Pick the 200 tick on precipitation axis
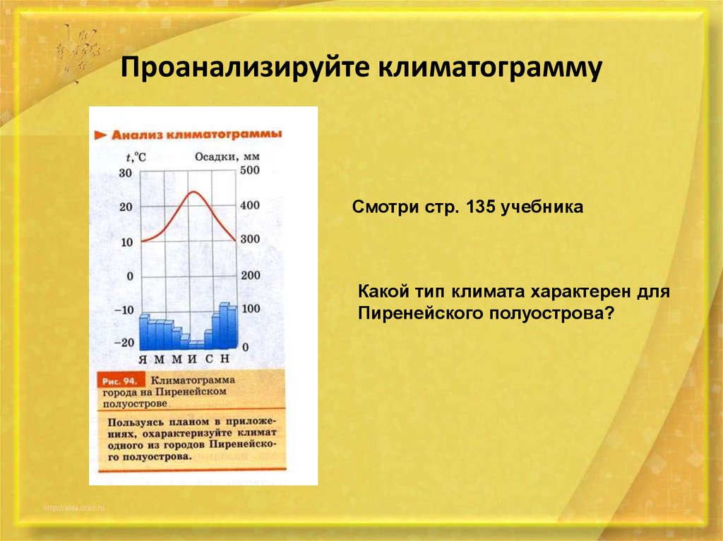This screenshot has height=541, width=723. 250,276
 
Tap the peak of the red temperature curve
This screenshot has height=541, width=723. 191,192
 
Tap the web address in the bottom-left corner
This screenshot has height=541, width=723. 73,508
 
